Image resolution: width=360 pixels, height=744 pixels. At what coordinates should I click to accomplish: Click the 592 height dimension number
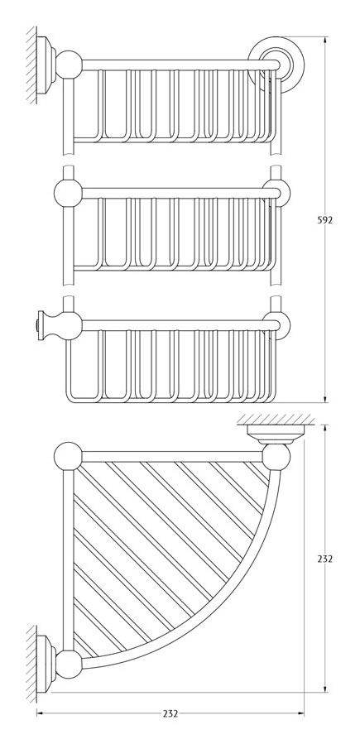(325, 220)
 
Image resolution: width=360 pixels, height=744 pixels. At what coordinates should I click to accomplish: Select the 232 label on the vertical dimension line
(325, 559)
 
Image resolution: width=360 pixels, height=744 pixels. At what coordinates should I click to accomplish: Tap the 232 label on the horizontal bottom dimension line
(170, 713)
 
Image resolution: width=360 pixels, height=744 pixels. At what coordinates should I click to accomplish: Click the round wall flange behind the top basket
(276, 64)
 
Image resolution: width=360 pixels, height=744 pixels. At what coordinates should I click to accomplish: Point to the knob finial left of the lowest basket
(45, 325)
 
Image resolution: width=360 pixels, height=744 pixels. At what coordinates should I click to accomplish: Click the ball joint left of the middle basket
(69, 193)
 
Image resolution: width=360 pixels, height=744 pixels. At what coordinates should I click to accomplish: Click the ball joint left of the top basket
(69, 65)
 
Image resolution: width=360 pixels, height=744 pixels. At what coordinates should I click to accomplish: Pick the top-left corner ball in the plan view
(69, 457)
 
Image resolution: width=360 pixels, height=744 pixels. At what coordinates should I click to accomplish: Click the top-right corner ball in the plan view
(276, 457)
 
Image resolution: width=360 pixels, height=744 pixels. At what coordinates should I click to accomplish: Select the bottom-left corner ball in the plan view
(69, 665)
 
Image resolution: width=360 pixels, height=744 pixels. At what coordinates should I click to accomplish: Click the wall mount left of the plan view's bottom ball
(46, 665)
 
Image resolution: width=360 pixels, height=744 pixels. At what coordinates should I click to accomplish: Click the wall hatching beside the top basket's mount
(31, 65)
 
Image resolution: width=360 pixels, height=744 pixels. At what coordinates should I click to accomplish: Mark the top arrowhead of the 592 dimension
(325, 41)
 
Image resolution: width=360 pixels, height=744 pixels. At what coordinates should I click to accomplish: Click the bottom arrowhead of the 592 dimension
(325, 399)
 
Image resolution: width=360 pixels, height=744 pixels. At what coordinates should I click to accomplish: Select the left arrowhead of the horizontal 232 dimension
(41, 713)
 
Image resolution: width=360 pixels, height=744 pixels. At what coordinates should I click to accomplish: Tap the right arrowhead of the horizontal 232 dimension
(300, 713)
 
